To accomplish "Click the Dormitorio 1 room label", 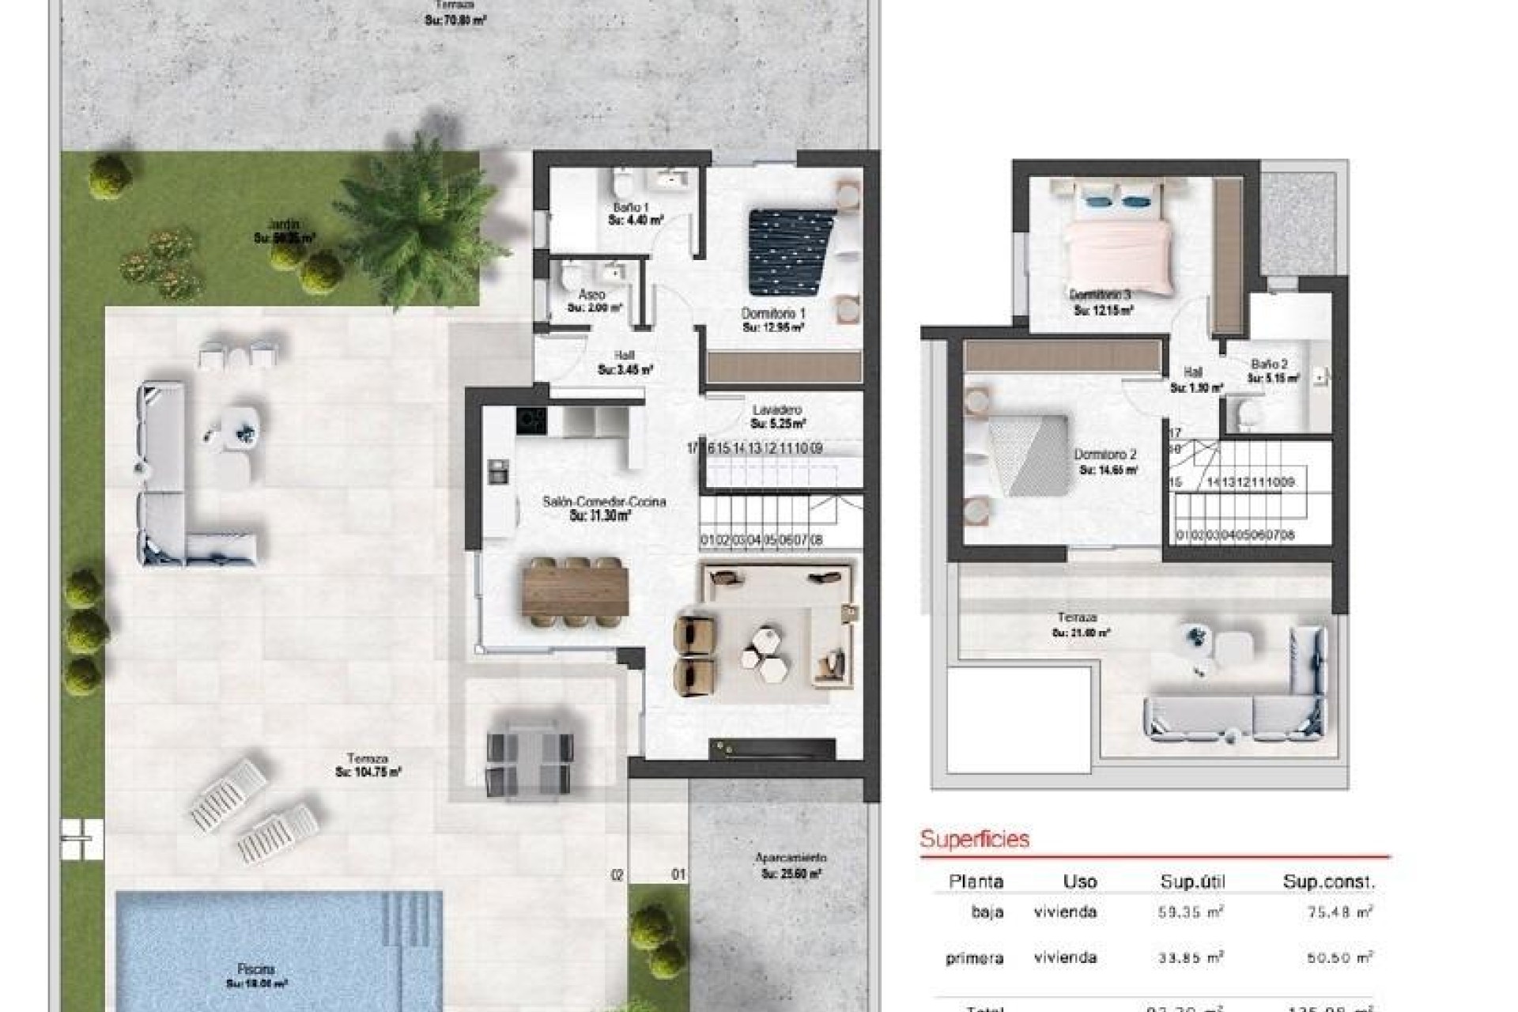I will [773, 314].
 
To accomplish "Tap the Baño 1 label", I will [631, 207].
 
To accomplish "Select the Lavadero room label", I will [777, 410].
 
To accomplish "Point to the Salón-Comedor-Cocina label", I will [604, 501].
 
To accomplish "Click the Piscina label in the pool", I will [256, 969].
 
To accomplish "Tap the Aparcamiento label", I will [791, 858].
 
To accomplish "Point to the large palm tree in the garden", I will [417, 221].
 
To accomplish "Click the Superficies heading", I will [974, 839].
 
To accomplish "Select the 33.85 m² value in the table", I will [1190, 958].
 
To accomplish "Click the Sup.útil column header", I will [1191, 882].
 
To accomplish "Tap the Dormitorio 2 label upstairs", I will [1105, 455].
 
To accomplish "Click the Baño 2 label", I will [1269, 364].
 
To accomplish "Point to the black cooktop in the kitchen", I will [531, 420].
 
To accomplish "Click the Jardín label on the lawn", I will [284, 225].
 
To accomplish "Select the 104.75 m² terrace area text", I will [368, 772].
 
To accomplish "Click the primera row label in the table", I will [974, 959].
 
